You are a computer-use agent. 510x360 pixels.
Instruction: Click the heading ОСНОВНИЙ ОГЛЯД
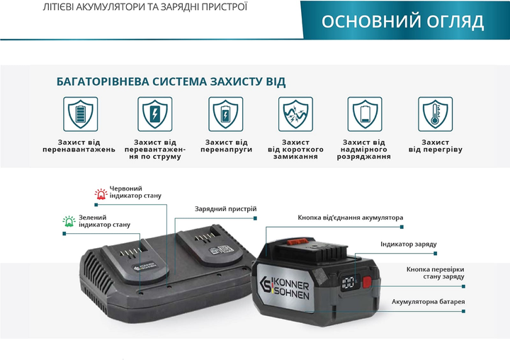[402, 21]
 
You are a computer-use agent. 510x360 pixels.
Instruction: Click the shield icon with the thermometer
[435, 114]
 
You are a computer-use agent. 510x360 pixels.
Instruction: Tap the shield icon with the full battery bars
[80, 114]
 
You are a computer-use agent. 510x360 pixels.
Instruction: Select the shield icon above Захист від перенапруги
[226, 114]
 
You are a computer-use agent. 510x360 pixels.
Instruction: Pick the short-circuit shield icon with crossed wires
[295, 114]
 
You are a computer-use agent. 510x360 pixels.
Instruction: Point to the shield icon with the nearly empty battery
[365, 114]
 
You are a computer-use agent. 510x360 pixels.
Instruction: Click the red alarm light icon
[101, 193]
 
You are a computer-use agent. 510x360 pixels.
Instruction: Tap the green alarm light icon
[69, 221]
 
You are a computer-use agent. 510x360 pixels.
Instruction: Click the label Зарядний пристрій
[226, 209]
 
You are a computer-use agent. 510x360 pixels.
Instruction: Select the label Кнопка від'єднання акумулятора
[351, 218]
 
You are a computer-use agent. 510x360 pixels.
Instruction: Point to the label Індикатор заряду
[409, 244]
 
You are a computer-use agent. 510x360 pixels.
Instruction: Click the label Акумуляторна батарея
[428, 302]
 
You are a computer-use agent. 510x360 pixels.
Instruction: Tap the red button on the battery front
[367, 282]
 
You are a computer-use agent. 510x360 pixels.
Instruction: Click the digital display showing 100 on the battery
[348, 283]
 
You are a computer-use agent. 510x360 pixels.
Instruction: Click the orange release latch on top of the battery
[297, 242]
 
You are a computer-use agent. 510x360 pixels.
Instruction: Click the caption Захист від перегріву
[435, 146]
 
